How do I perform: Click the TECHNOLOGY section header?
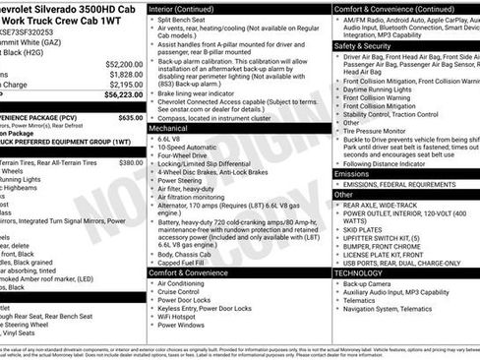358,270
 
